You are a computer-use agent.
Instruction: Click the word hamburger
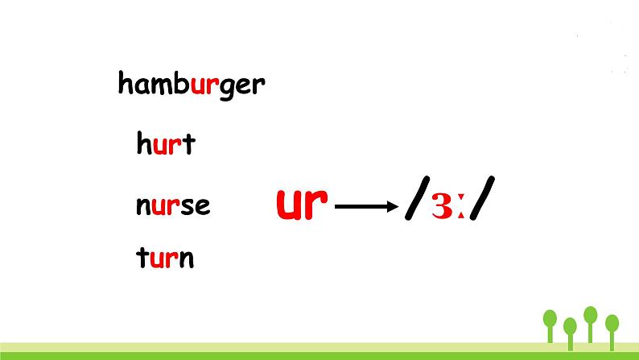192,85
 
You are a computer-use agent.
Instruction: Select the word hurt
166,143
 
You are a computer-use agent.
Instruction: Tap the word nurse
173,206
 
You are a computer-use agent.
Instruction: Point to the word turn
165,258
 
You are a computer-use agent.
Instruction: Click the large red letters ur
302,204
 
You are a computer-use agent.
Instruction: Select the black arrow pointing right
366,207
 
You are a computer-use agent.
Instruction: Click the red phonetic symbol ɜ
442,206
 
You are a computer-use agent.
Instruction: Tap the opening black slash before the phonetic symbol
418,198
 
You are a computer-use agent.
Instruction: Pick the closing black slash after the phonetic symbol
483,198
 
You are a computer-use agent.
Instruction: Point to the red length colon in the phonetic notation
461,206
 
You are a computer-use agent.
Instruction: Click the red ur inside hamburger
204,85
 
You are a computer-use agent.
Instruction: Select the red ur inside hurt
167,146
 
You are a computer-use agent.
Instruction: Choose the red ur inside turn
164,259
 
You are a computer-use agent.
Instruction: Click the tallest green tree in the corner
590,325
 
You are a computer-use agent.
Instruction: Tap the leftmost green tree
550,326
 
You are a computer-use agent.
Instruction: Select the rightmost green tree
612,333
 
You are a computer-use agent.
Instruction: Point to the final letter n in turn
187,259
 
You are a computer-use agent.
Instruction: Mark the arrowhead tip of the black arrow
398,207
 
